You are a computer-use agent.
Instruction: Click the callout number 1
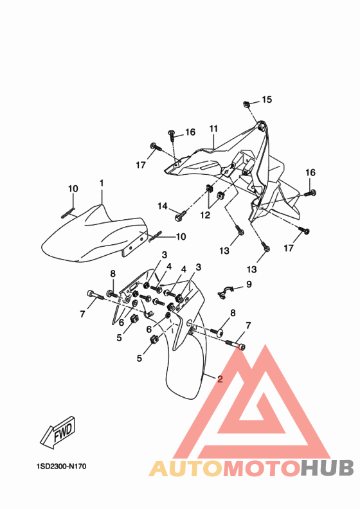point(102,183)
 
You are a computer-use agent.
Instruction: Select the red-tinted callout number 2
point(220,379)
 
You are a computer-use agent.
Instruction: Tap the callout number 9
point(249,284)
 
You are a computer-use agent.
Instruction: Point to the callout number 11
point(213,129)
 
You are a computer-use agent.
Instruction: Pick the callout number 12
point(205,215)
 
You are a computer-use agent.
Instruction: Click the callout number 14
point(163,206)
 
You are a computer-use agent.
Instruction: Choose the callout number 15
point(267,100)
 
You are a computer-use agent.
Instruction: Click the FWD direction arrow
point(59,432)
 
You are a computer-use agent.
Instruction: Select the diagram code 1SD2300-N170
point(61,467)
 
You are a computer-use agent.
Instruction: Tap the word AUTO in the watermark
point(186,468)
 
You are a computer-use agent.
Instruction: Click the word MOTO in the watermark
point(262,468)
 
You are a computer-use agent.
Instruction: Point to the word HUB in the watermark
point(327,468)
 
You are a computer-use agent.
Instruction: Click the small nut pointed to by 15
point(246,104)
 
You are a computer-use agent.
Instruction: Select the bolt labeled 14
point(181,215)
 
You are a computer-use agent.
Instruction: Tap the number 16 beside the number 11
point(190,132)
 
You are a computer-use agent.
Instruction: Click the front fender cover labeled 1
point(94,233)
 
